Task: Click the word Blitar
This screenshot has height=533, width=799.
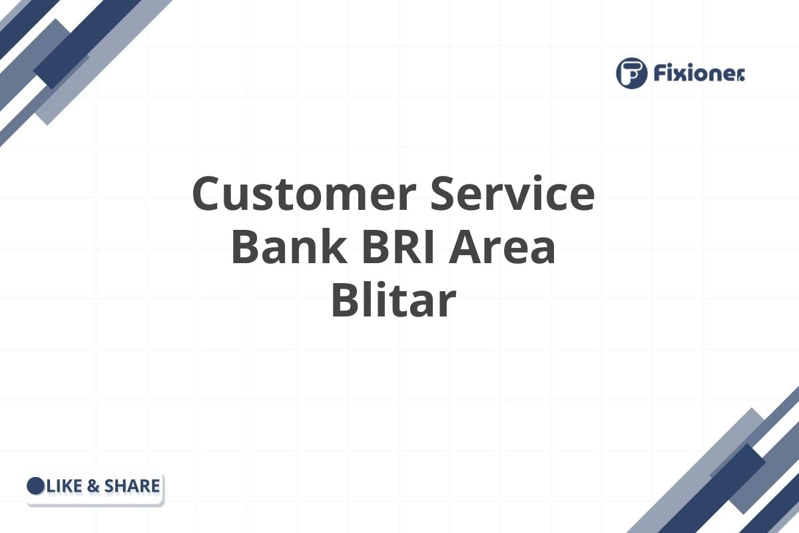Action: [x=393, y=300]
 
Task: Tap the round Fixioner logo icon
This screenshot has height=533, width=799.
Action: [x=632, y=73]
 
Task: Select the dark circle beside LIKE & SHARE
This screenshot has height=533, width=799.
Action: [x=35, y=486]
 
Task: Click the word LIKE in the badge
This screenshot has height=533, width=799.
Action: [x=65, y=486]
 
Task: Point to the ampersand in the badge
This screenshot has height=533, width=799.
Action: [x=93, y=486]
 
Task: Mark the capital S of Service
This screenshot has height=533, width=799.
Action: [x=447, y=194]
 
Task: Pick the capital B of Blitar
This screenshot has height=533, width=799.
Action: [x=347, y=300]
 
